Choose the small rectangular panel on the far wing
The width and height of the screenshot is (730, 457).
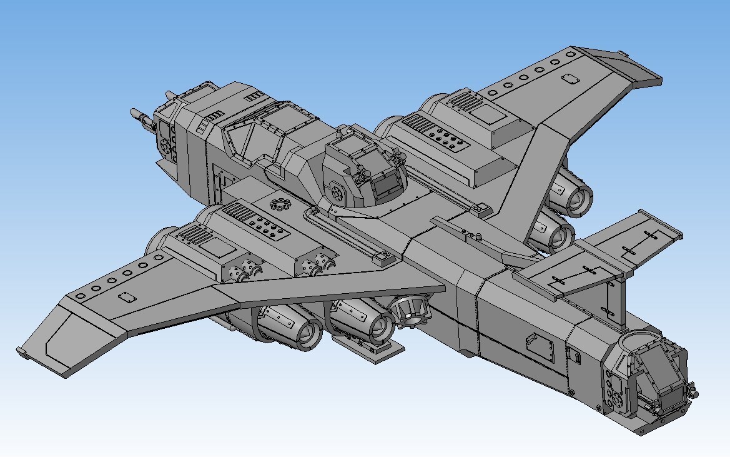[570, 79]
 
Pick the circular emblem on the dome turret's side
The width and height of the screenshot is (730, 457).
[338, 191]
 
